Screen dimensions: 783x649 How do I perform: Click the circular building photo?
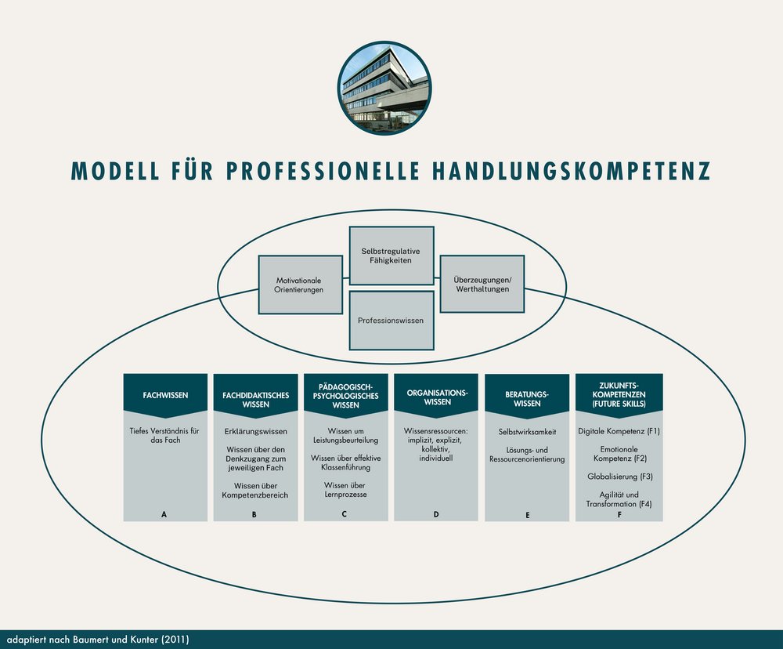tap(384, 88)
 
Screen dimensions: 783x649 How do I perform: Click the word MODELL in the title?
tap(115, 171)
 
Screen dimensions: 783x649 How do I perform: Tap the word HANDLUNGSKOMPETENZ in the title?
tap(572, 171)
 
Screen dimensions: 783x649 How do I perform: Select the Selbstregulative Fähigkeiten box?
tap(391, 256)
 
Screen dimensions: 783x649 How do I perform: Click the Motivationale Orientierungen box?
tap(300, 285)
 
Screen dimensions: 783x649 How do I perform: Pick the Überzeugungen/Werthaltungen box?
tap(482, 284)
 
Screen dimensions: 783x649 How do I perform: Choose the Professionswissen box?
tap(391, 321)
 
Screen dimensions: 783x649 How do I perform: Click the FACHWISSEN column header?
tap(165, 396)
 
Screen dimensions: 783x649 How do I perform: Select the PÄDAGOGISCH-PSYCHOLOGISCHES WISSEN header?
tap(346, 396)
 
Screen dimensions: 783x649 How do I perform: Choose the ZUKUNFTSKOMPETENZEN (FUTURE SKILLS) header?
tap(619, 396)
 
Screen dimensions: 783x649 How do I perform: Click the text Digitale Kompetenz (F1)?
tap(619, 431)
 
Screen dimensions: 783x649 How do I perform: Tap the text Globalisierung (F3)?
tap(619, 477)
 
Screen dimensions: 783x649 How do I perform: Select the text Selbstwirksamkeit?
tap(527, 432)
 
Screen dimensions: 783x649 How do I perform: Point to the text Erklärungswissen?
tap(256, 432)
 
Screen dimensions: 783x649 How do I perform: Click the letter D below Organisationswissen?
tap(436, 514)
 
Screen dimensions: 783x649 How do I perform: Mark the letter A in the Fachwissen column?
tap(164, 514)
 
